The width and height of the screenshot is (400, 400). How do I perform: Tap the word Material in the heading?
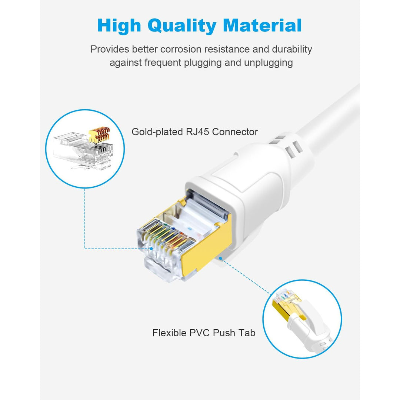click(x=262, y=26)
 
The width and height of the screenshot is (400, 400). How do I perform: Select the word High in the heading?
click(x=119, y=26)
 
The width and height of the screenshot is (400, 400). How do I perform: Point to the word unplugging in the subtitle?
click(x=268, y=63)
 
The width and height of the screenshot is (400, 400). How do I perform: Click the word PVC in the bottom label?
click(x=201, y=333)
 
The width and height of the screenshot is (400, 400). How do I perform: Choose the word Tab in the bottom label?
click(x=247, y=333)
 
